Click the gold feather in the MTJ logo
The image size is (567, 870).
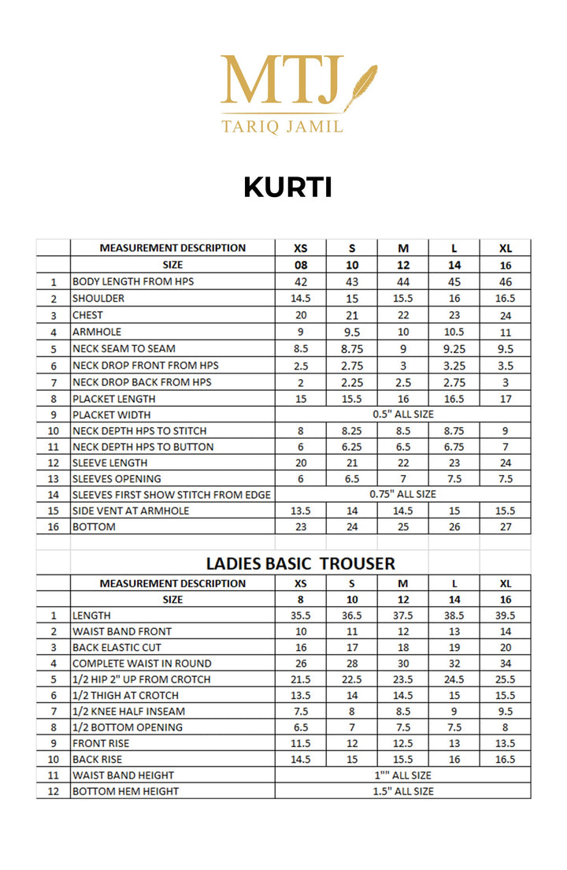click(361, 84)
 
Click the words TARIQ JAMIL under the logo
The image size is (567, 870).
click(283, 125)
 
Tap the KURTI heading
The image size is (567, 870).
click(287, 187)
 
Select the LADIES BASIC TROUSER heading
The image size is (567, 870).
click(300, 563)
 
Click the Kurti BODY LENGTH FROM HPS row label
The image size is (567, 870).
click(133, 281)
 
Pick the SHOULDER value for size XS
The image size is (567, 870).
click(301, 299)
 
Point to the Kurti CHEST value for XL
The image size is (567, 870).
click(506, 315)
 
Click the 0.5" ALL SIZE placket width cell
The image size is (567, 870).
click(402, 415)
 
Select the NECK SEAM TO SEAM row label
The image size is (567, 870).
click(124, 348)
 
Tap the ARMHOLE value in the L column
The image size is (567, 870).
click(454, 332)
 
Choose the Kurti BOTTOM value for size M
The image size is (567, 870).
click(403, 526)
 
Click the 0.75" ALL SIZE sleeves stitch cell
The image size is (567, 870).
click(402, 494)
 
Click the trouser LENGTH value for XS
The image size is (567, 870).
click(301, 615)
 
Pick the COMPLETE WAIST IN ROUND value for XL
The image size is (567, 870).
click(506, 664)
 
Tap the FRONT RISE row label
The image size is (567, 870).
click(101, 743)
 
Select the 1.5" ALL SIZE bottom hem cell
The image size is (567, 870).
click(402, 790)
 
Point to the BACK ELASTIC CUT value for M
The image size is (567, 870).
click(403, 647)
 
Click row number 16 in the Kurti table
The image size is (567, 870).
click(54, 526)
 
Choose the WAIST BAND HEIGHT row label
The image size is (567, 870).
click(123, 775)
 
